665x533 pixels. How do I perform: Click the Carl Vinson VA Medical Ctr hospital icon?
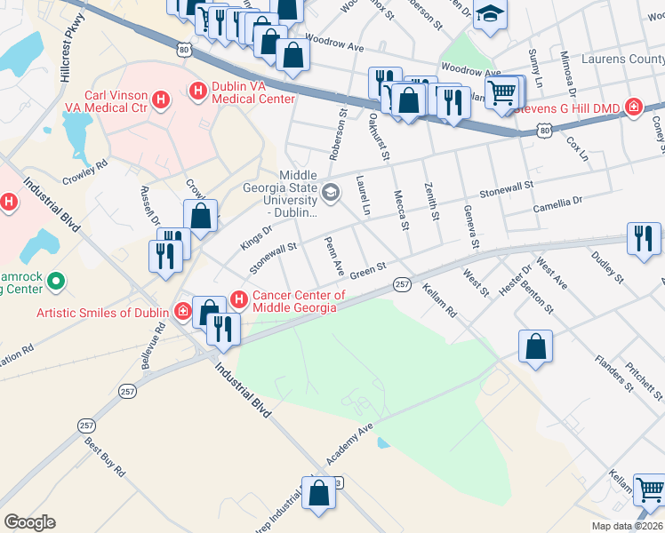pos(162,99)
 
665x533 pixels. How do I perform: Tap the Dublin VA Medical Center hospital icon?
pos(197,90)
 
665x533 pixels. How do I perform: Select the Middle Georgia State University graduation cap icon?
pos(331,192)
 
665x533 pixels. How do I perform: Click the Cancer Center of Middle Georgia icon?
pos(238,297)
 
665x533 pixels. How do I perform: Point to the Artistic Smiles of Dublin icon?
pos(181,312)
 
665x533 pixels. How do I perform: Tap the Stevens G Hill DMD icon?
pos(633,107)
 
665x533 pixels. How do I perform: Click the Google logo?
pos(29,522)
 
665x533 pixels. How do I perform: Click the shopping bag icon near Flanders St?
pos(536,346)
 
